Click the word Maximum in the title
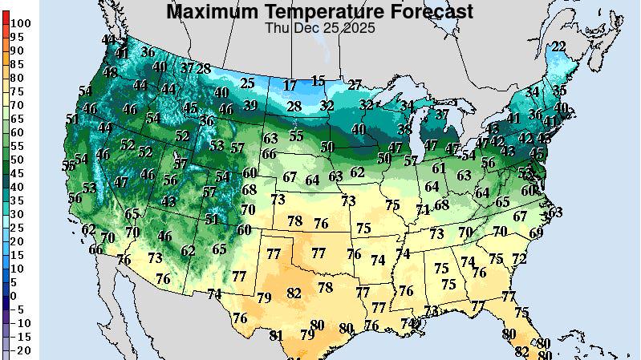click(211, 11)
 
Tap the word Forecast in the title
click(428, 11)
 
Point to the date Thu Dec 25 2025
click(319, 27)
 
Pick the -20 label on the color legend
click(24, 351)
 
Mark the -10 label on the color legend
click(24, 323)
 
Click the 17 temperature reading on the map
click(290, 85)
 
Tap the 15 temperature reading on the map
click(318, 81)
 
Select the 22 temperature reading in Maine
click(558, 47)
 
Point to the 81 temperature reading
click(277, 335)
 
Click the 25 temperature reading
click(248, 83)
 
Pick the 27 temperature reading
click(355, 84)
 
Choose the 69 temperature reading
click(536, 233)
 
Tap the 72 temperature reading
click(519, 259)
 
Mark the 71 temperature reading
click(423, 209)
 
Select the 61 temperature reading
click(438, 168)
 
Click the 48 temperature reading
click(110, 72)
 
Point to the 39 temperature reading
click(250, 105)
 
